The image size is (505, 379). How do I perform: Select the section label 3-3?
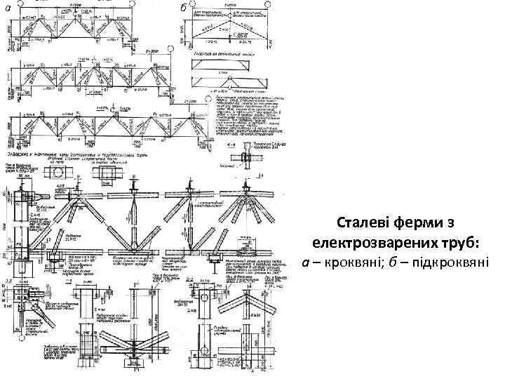6,281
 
